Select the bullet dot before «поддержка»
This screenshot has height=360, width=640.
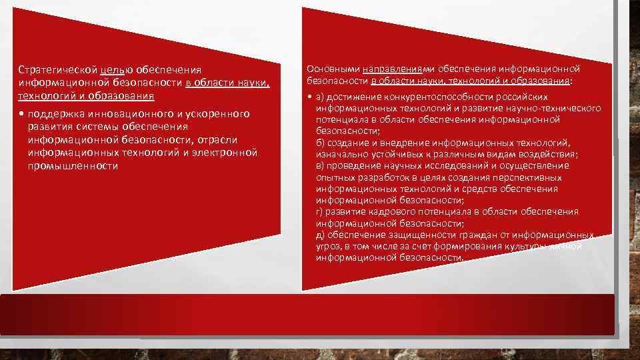pyautogui.click(x=22, y=114)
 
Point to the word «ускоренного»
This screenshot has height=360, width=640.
pyautogui.click(x=218, y=114)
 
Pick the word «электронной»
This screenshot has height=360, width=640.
pyautogui.click(x=225, y=153)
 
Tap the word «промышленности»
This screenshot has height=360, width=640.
pyautogui.click(x=73, y=165)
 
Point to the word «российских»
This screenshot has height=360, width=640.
pyautogui.click(x=520, y=97)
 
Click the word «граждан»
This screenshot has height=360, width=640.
pyautogui.click(x=473, y=235)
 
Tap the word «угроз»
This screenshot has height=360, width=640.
pyautogui.click(x=327, y=247)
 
